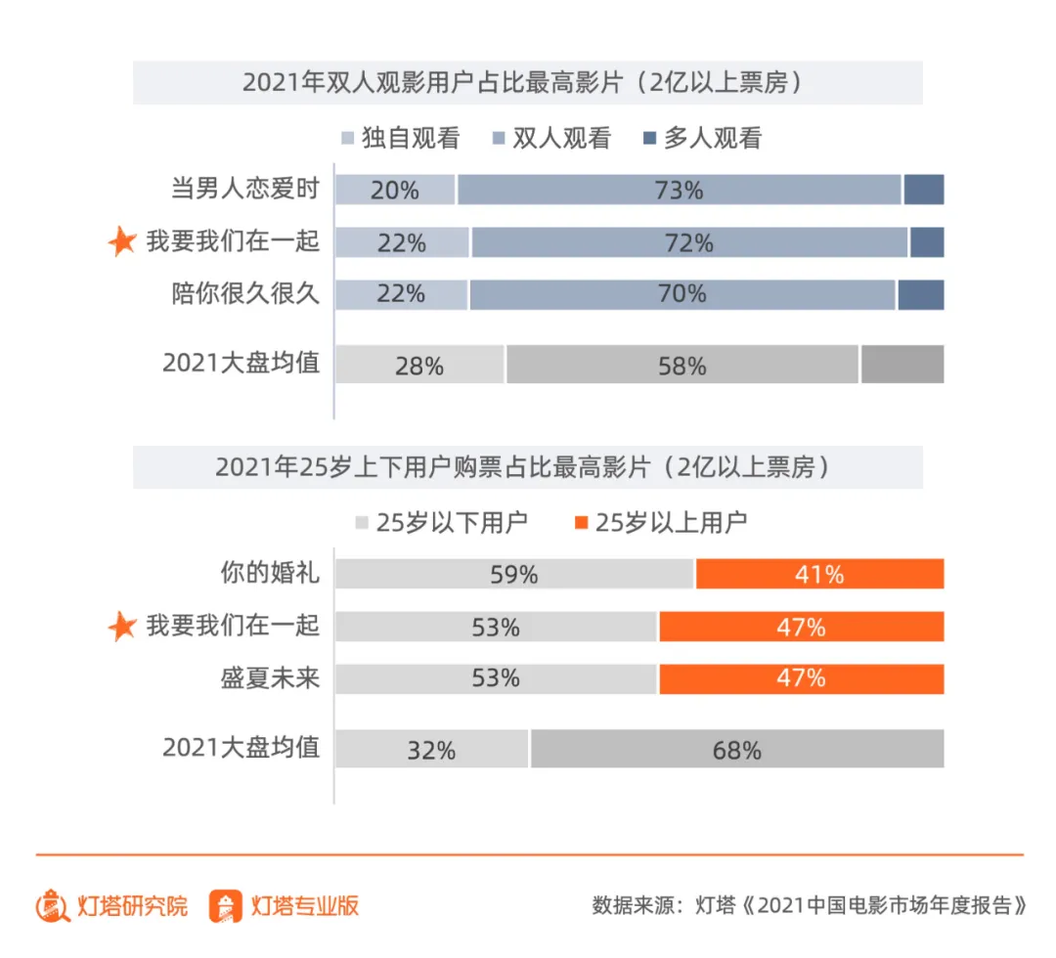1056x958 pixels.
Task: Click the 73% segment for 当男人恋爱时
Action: pos(679,190)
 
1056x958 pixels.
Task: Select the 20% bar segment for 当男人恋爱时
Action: pos(395,190)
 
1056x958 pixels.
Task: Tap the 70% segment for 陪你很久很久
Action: pos(682,294)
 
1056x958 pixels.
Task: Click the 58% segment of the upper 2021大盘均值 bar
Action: pos(682,365)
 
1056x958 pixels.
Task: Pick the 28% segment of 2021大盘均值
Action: pos(419,365)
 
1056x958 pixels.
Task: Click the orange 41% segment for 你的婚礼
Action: pos(819,574)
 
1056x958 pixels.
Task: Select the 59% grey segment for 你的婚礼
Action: pos(514,574)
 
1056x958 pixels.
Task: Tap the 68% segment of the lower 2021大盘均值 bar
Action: pos(737,750)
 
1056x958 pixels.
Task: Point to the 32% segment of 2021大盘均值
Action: pos(431,750)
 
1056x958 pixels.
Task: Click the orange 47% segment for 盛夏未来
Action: pos(801,678)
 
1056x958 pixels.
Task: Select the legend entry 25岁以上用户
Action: pos(660,522)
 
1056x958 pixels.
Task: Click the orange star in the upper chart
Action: pos(122,241)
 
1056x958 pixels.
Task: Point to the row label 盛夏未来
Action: pos(270,678)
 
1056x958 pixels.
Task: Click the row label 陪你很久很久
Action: pos(245,294)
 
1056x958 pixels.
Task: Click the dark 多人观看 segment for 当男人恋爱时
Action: pos(923,190)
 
